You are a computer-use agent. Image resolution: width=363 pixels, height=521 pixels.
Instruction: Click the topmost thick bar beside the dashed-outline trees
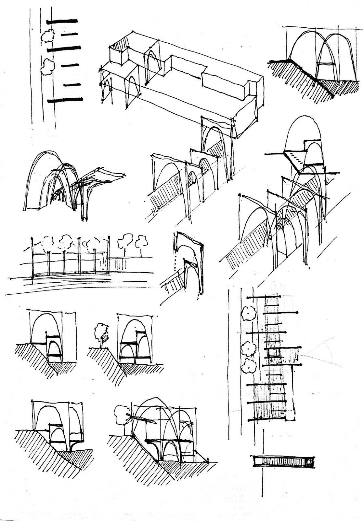click(x=63, y=21)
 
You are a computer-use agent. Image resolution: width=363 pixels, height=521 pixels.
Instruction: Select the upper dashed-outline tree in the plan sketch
click(x=47, y=36)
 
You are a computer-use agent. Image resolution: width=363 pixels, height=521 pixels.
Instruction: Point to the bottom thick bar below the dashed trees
click(x=65, y=100)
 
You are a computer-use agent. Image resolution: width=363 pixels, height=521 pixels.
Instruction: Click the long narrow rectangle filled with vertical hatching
click(x=282, y=461)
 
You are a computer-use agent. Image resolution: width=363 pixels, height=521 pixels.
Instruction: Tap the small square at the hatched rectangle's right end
click(x=309, y=461)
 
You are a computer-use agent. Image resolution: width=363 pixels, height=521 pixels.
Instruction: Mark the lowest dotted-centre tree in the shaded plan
click(x=250, y=367)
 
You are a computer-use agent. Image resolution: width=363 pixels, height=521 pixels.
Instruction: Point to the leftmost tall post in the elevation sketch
click(x=32, y=257)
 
